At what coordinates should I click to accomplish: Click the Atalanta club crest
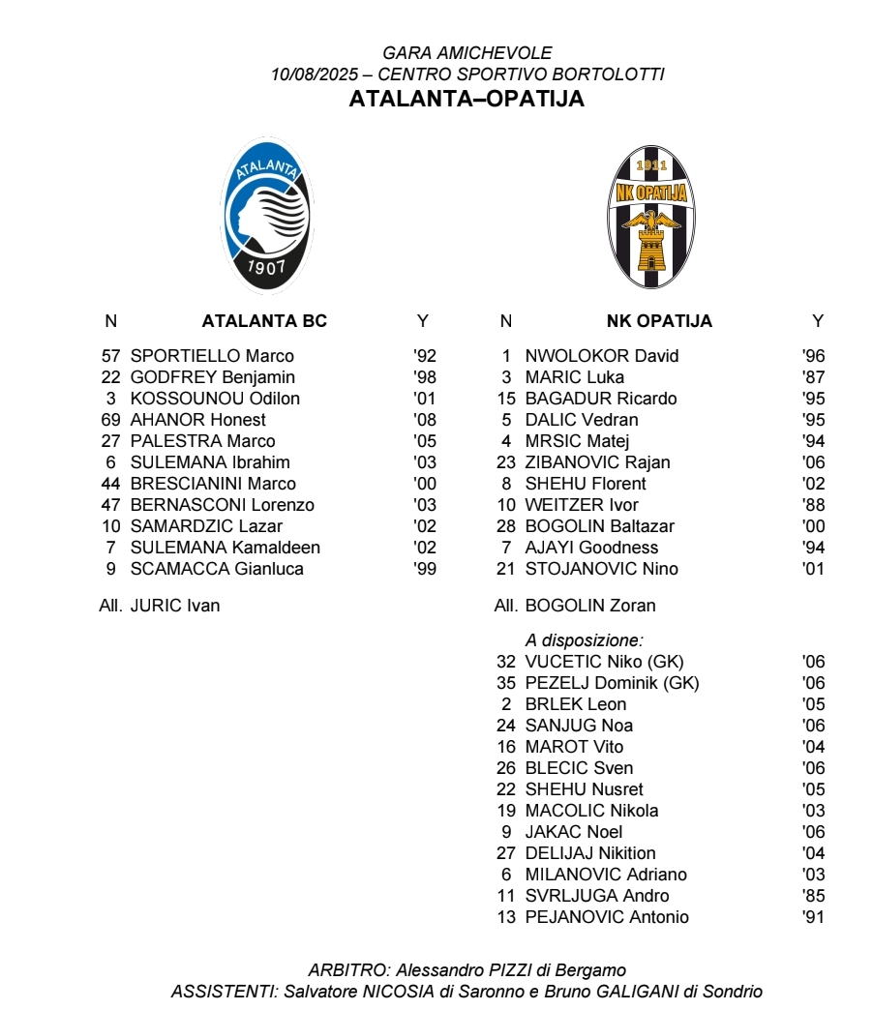pos(266,215)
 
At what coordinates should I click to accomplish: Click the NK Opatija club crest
pos(652,217)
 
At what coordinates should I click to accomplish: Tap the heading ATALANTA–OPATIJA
pos(467,99)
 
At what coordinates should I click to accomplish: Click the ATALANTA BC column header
pos(264,321)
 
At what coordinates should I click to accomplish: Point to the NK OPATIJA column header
pos(659,321)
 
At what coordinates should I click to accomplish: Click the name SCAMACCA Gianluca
pos(217,569)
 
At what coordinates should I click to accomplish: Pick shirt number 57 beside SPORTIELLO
pos(110,356)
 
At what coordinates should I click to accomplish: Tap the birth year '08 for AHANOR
pos(424,420)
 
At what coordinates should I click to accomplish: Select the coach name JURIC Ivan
pos(175,606)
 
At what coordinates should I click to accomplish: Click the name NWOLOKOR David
pos(602,356)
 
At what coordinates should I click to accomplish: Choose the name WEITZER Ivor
pos(582,505)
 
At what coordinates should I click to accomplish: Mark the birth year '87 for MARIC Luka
pos(813,377)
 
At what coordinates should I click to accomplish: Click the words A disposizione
pos(585,639)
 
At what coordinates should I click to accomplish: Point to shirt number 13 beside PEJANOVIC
pos(506,917)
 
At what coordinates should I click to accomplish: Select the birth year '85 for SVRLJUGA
pos(813,896)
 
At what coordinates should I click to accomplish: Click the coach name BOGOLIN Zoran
pos(590,606)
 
